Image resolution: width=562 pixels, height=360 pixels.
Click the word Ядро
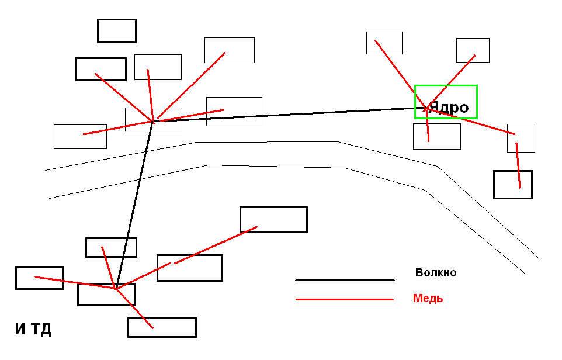click(x=449, y=108)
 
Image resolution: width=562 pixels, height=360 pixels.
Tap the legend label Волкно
click(x=435, y=272)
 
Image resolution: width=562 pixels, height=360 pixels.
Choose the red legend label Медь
click(x=428, y=298)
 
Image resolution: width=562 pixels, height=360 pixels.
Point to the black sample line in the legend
click(x=345, y=280)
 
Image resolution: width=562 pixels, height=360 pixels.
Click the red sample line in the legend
click(x=345, y=299)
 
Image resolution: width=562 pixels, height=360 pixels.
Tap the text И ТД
click(x=33, y=329)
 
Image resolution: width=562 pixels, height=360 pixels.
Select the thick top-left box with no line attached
click(x=116, y=31)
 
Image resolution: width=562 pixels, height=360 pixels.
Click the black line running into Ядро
click(x=292, y=114)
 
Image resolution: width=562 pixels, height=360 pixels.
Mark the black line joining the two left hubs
click(x=134, y=205)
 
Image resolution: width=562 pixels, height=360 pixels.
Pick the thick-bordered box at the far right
click(x=512, y=185)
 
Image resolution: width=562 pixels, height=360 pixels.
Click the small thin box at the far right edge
click(x=521, y=138)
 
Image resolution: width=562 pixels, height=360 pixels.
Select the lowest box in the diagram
click(x=162, y=327)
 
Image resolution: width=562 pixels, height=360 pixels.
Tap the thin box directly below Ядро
click(x=436, y=136)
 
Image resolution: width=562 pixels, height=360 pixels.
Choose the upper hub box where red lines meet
click(x=153, y=119)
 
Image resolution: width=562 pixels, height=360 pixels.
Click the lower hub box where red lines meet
click(x=106, y=295)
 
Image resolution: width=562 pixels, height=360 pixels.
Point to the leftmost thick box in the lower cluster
click(x=39, y=278)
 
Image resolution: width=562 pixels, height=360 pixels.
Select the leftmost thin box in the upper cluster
click(x=80, y=136)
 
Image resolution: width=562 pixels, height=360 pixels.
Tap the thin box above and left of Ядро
click(x=384, y=43)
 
